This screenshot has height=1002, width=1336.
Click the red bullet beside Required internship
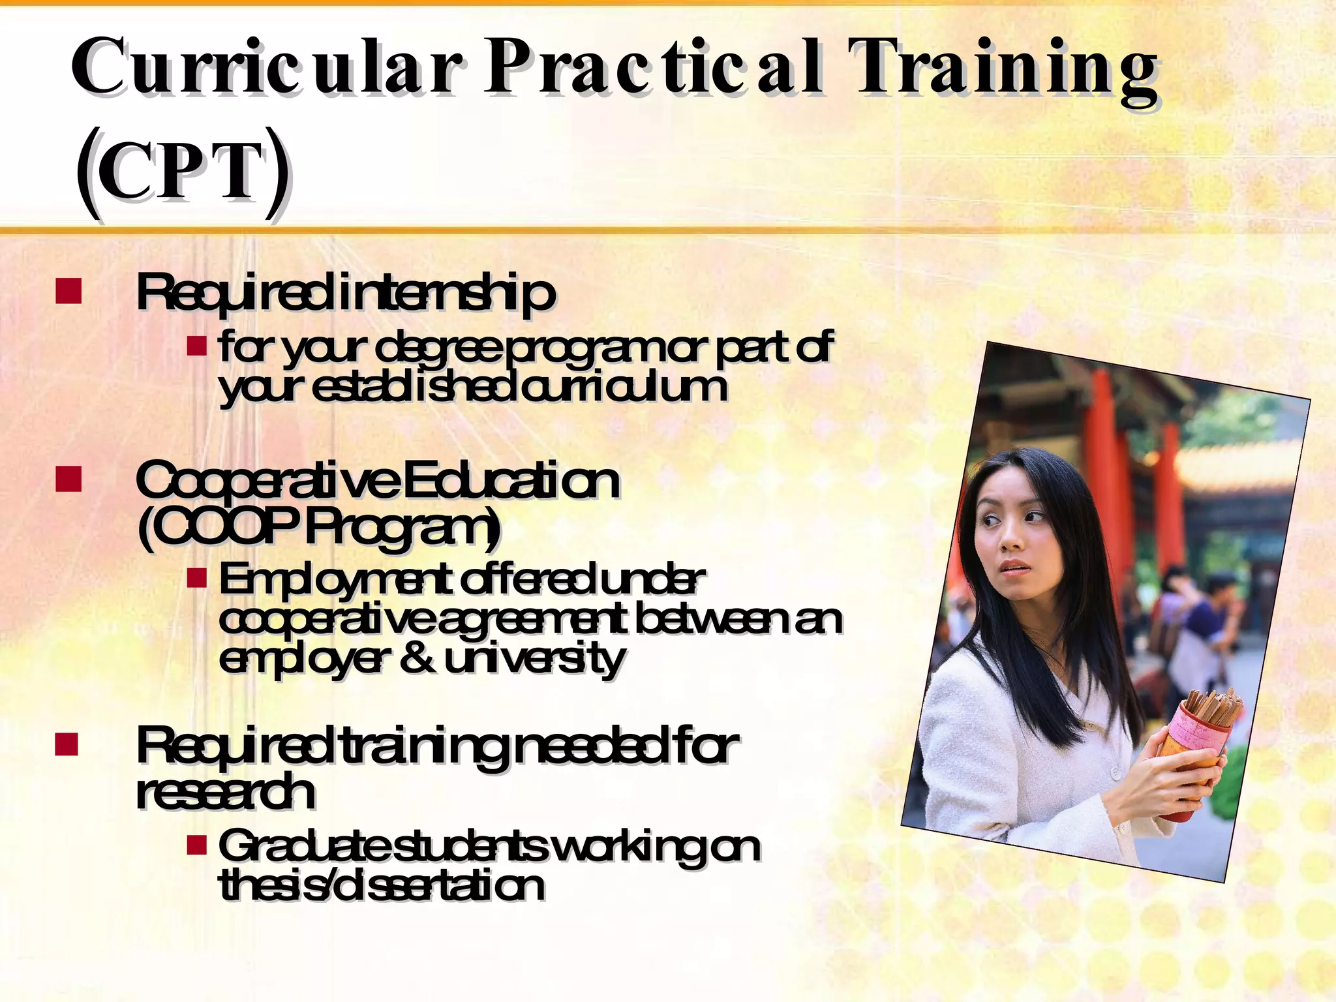click(68, 292)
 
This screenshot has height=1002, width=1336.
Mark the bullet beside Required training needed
click(67, 744)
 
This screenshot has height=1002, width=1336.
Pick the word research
click(225, 792)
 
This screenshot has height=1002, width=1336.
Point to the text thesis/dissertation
click(382, 886)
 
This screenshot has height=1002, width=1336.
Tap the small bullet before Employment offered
click(197, 578)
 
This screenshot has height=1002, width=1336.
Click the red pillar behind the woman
click(1102, 457)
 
